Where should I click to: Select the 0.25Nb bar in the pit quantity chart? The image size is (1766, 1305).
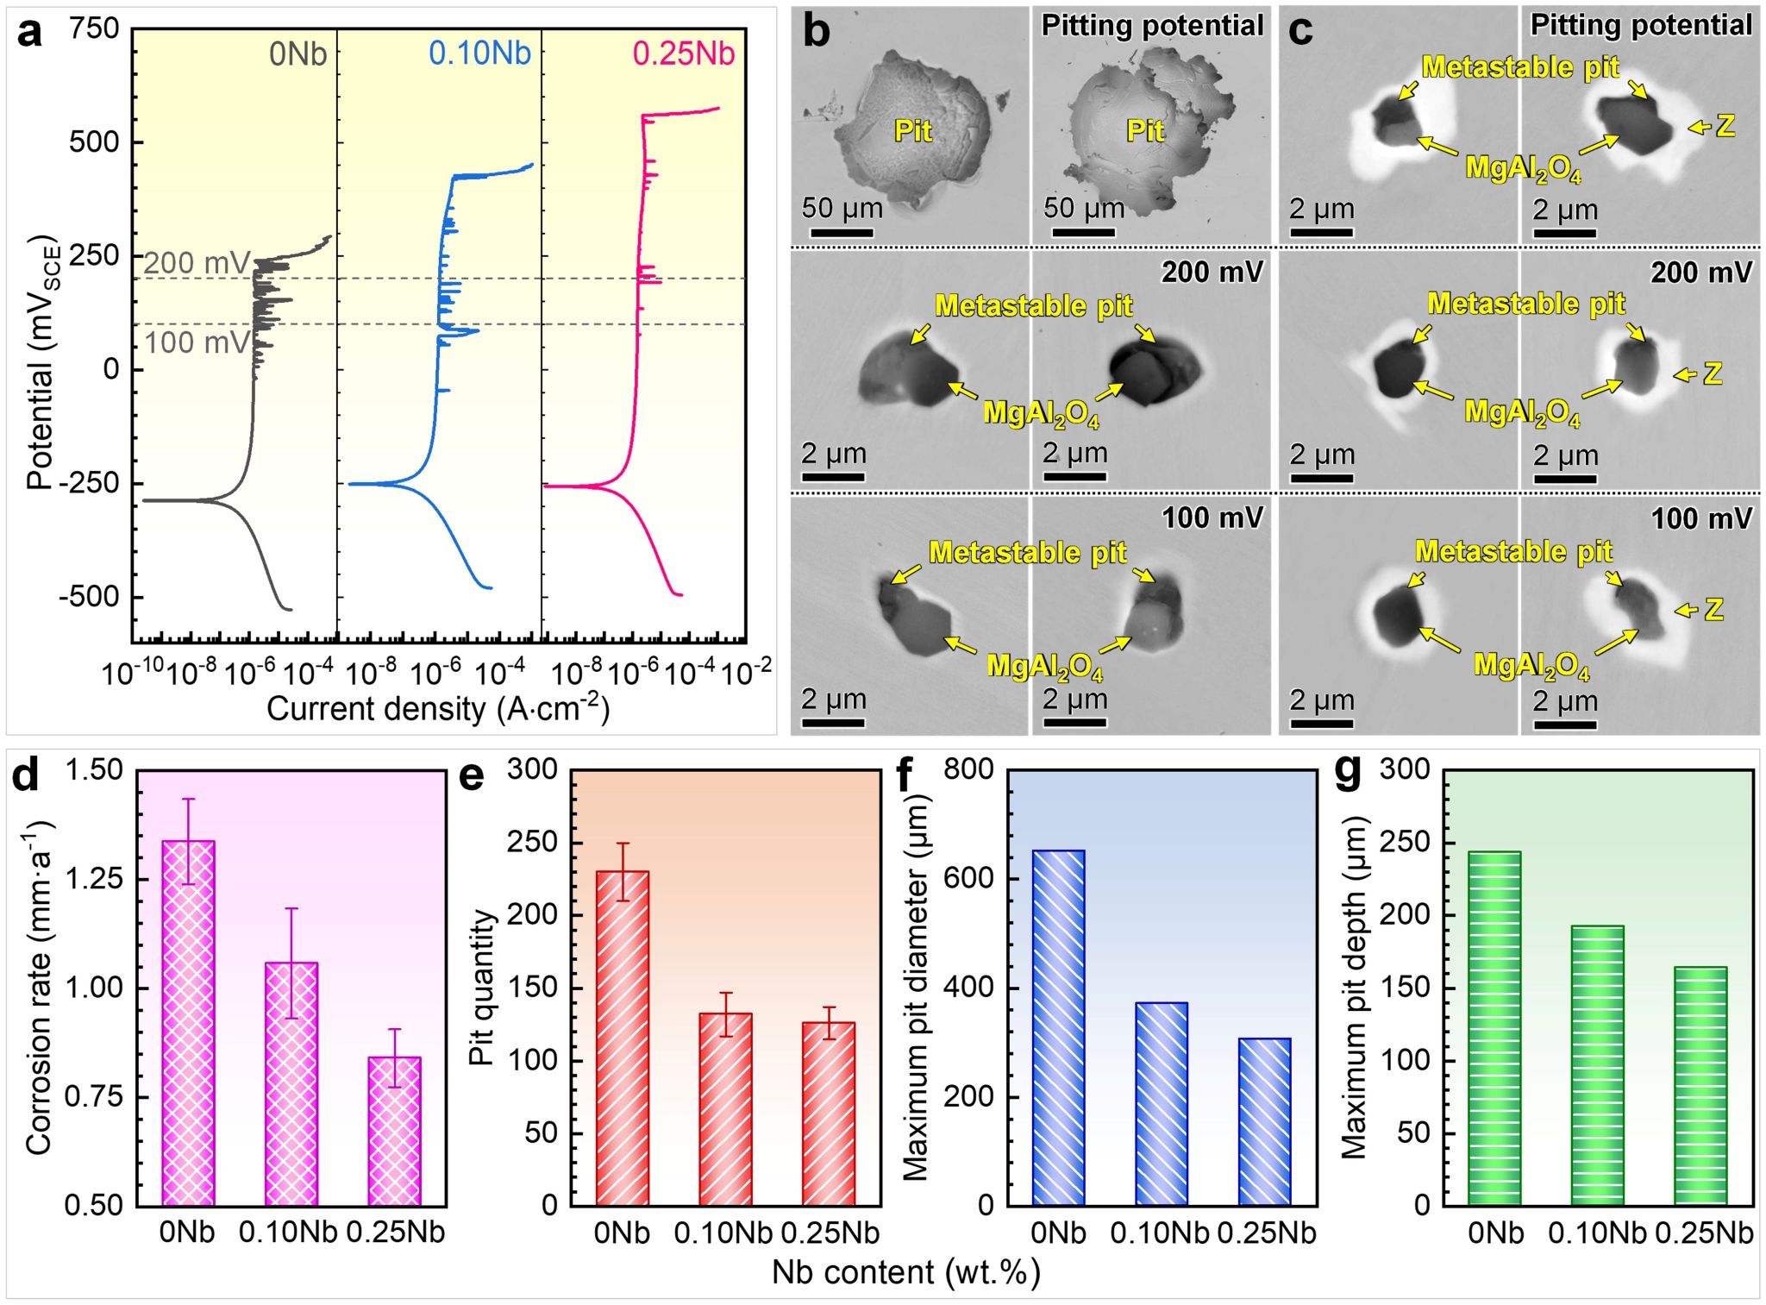click(829, 1113)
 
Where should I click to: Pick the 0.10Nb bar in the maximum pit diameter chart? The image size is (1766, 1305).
click(1161, 1103)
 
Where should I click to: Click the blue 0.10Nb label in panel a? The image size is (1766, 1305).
click(479, 53)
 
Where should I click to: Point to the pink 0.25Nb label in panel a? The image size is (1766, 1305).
click(683, 53)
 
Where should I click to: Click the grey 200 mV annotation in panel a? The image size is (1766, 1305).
click(196, 263)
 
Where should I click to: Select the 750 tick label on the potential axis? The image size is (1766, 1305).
click(94, 28)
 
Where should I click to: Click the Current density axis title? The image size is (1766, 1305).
click(438, 709)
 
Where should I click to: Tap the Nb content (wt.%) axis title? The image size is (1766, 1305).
click(905, 1272)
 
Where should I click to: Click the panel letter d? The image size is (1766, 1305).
click(25, 775)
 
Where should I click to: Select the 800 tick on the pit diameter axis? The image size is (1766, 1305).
click(968, 769)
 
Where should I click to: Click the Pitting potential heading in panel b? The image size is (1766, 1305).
click(1152, 26)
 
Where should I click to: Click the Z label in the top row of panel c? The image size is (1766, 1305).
click(1725, 127)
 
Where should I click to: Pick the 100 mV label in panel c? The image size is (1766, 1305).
click(1701, 518)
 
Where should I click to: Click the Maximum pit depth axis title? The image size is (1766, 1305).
click(1355, 988)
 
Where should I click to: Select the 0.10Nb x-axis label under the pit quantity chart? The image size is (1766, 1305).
click(723, 1233)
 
